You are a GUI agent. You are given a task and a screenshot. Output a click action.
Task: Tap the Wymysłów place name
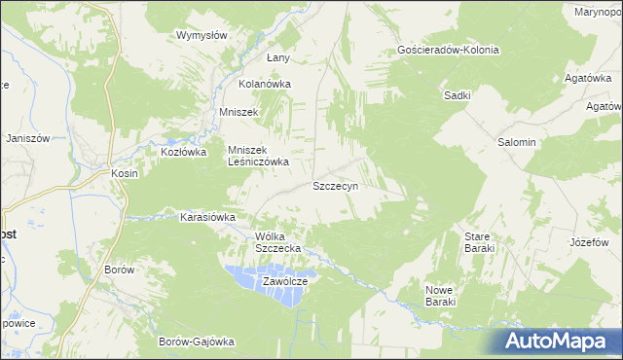(x=202, y=35)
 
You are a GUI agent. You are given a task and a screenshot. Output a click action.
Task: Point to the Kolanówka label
(x=266, y=84)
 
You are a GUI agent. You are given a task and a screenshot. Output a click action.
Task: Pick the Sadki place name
(x=458, y=95)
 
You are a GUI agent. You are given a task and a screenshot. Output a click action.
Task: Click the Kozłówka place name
(x=184, y=152)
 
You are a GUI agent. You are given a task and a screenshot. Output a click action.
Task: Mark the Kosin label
(x=126, y=173)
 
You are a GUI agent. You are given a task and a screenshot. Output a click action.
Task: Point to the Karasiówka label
(x=207, y=217)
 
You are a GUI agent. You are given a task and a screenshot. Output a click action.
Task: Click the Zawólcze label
(x=285, y=281)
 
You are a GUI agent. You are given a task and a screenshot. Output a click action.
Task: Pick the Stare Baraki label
(x=480, y=242)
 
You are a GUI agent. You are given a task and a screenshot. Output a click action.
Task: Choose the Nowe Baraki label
(x=441, y=296)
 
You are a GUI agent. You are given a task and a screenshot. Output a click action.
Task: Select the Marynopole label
(x=598, y=12)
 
